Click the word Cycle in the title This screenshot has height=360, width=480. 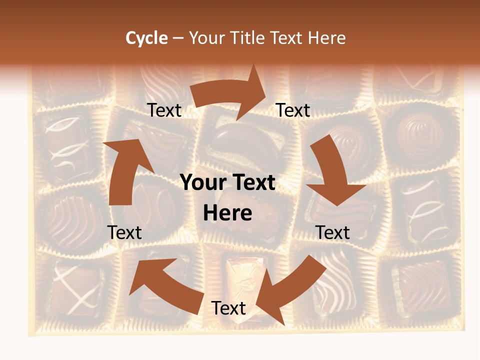coord(146,38)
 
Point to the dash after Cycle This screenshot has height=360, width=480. coord(178,38)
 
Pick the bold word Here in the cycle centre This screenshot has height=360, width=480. coord(227,213)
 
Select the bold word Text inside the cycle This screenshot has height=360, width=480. coord(252,183)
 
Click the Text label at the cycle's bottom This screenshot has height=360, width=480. coord(228,308)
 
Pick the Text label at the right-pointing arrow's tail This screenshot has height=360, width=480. coord(164,110)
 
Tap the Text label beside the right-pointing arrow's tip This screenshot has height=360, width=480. coord(293,110)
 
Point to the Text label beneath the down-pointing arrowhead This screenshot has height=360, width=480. coord(333,232)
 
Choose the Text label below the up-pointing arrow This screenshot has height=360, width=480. coord(125,232)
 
